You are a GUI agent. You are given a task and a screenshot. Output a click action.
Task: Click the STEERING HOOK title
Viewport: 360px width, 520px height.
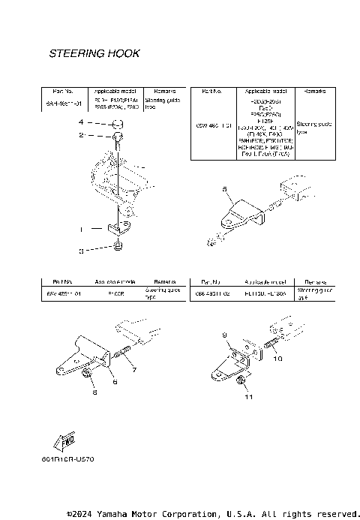pyautogui.click(x=94, y=54)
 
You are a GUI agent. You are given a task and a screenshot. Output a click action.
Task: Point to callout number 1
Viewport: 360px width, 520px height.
pyautogui.click(x=82, y=227)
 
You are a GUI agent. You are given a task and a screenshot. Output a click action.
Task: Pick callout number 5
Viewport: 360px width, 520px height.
pyautogui.click(x=223, y=191)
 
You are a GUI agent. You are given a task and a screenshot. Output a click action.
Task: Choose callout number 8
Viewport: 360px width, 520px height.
pyautogui.click(x=94, y=392)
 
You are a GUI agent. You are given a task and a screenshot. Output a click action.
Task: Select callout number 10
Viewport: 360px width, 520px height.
pyautogui.click(x=278, y=359)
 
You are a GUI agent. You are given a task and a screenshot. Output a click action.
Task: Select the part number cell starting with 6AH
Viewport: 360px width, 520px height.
pyautogui.click(x=63, y=104)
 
